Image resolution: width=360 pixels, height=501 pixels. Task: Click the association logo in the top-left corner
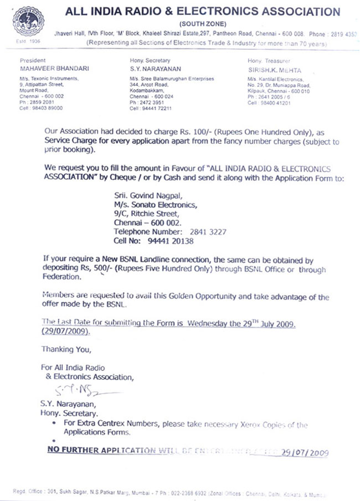[22, 22]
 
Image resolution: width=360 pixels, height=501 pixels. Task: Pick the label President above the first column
[32, 60]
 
